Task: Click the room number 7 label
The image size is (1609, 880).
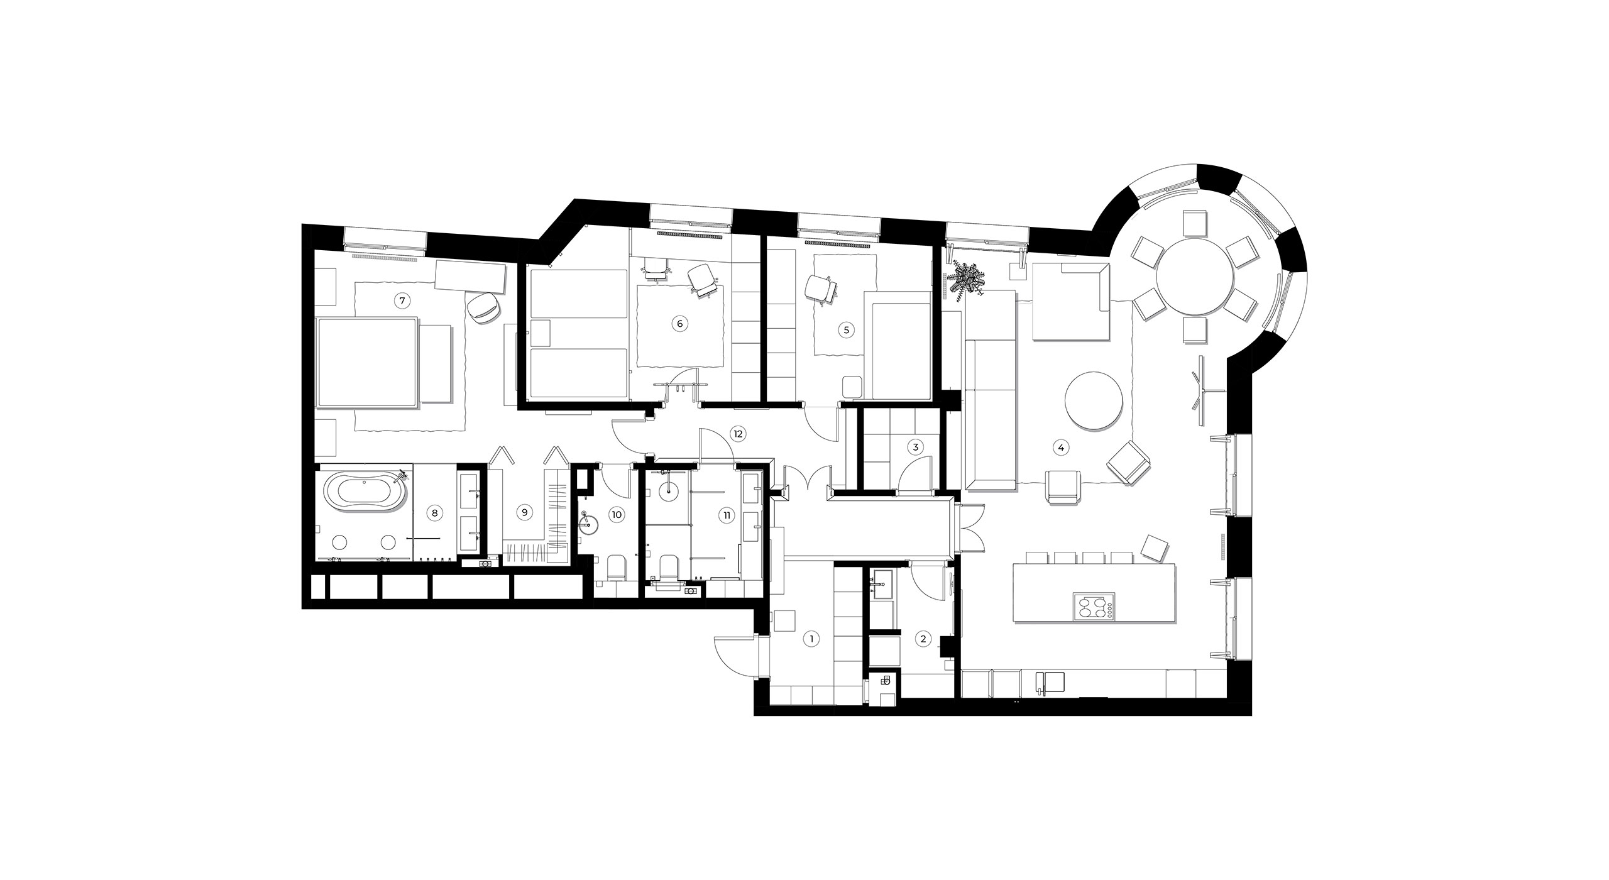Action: [402, 301]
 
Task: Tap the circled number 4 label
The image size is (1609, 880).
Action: [1061, 448]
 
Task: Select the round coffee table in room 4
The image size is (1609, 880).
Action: [1094, 401]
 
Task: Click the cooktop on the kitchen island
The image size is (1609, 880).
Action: [1094, 607]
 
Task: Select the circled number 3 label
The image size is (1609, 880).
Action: [916, 448]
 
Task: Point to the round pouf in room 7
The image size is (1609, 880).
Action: [483, 309]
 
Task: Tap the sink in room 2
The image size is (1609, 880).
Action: [882, 584]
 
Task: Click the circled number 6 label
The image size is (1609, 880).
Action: [679, 324]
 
